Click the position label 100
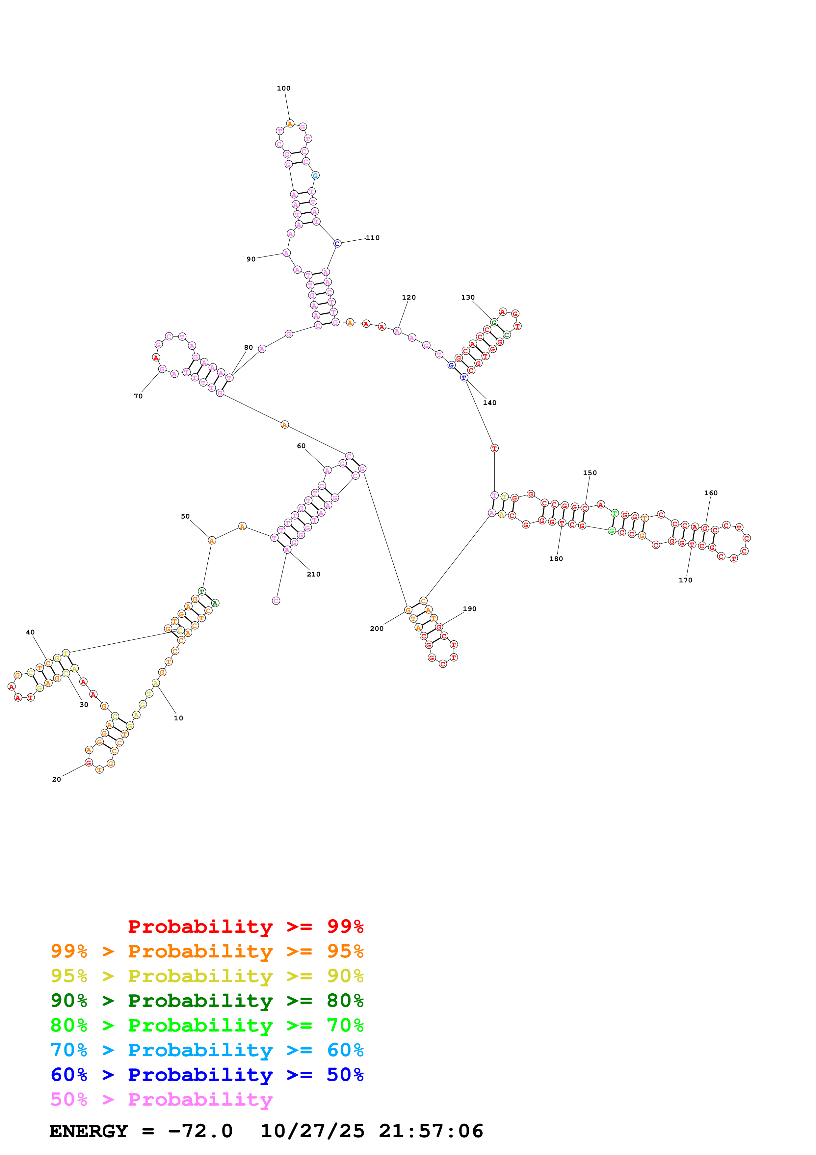click(283, 88)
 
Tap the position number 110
click(373, 237)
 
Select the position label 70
click(138, 396)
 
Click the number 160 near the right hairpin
click(710, 493)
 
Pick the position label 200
click(377, 628)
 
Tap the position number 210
click(314, 574)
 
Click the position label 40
click(30, 632)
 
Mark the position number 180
click(556, 559)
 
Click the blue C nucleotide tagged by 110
click(337, 243)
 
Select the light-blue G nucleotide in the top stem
click(315, 175)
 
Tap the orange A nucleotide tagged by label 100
click(290, 124)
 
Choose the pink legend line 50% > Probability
click(161, 1099)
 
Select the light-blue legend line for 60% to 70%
click(207, 1050)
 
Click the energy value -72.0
click(200, 1131)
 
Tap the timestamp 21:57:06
click(431, 1131)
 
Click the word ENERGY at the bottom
click(89, 1131)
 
